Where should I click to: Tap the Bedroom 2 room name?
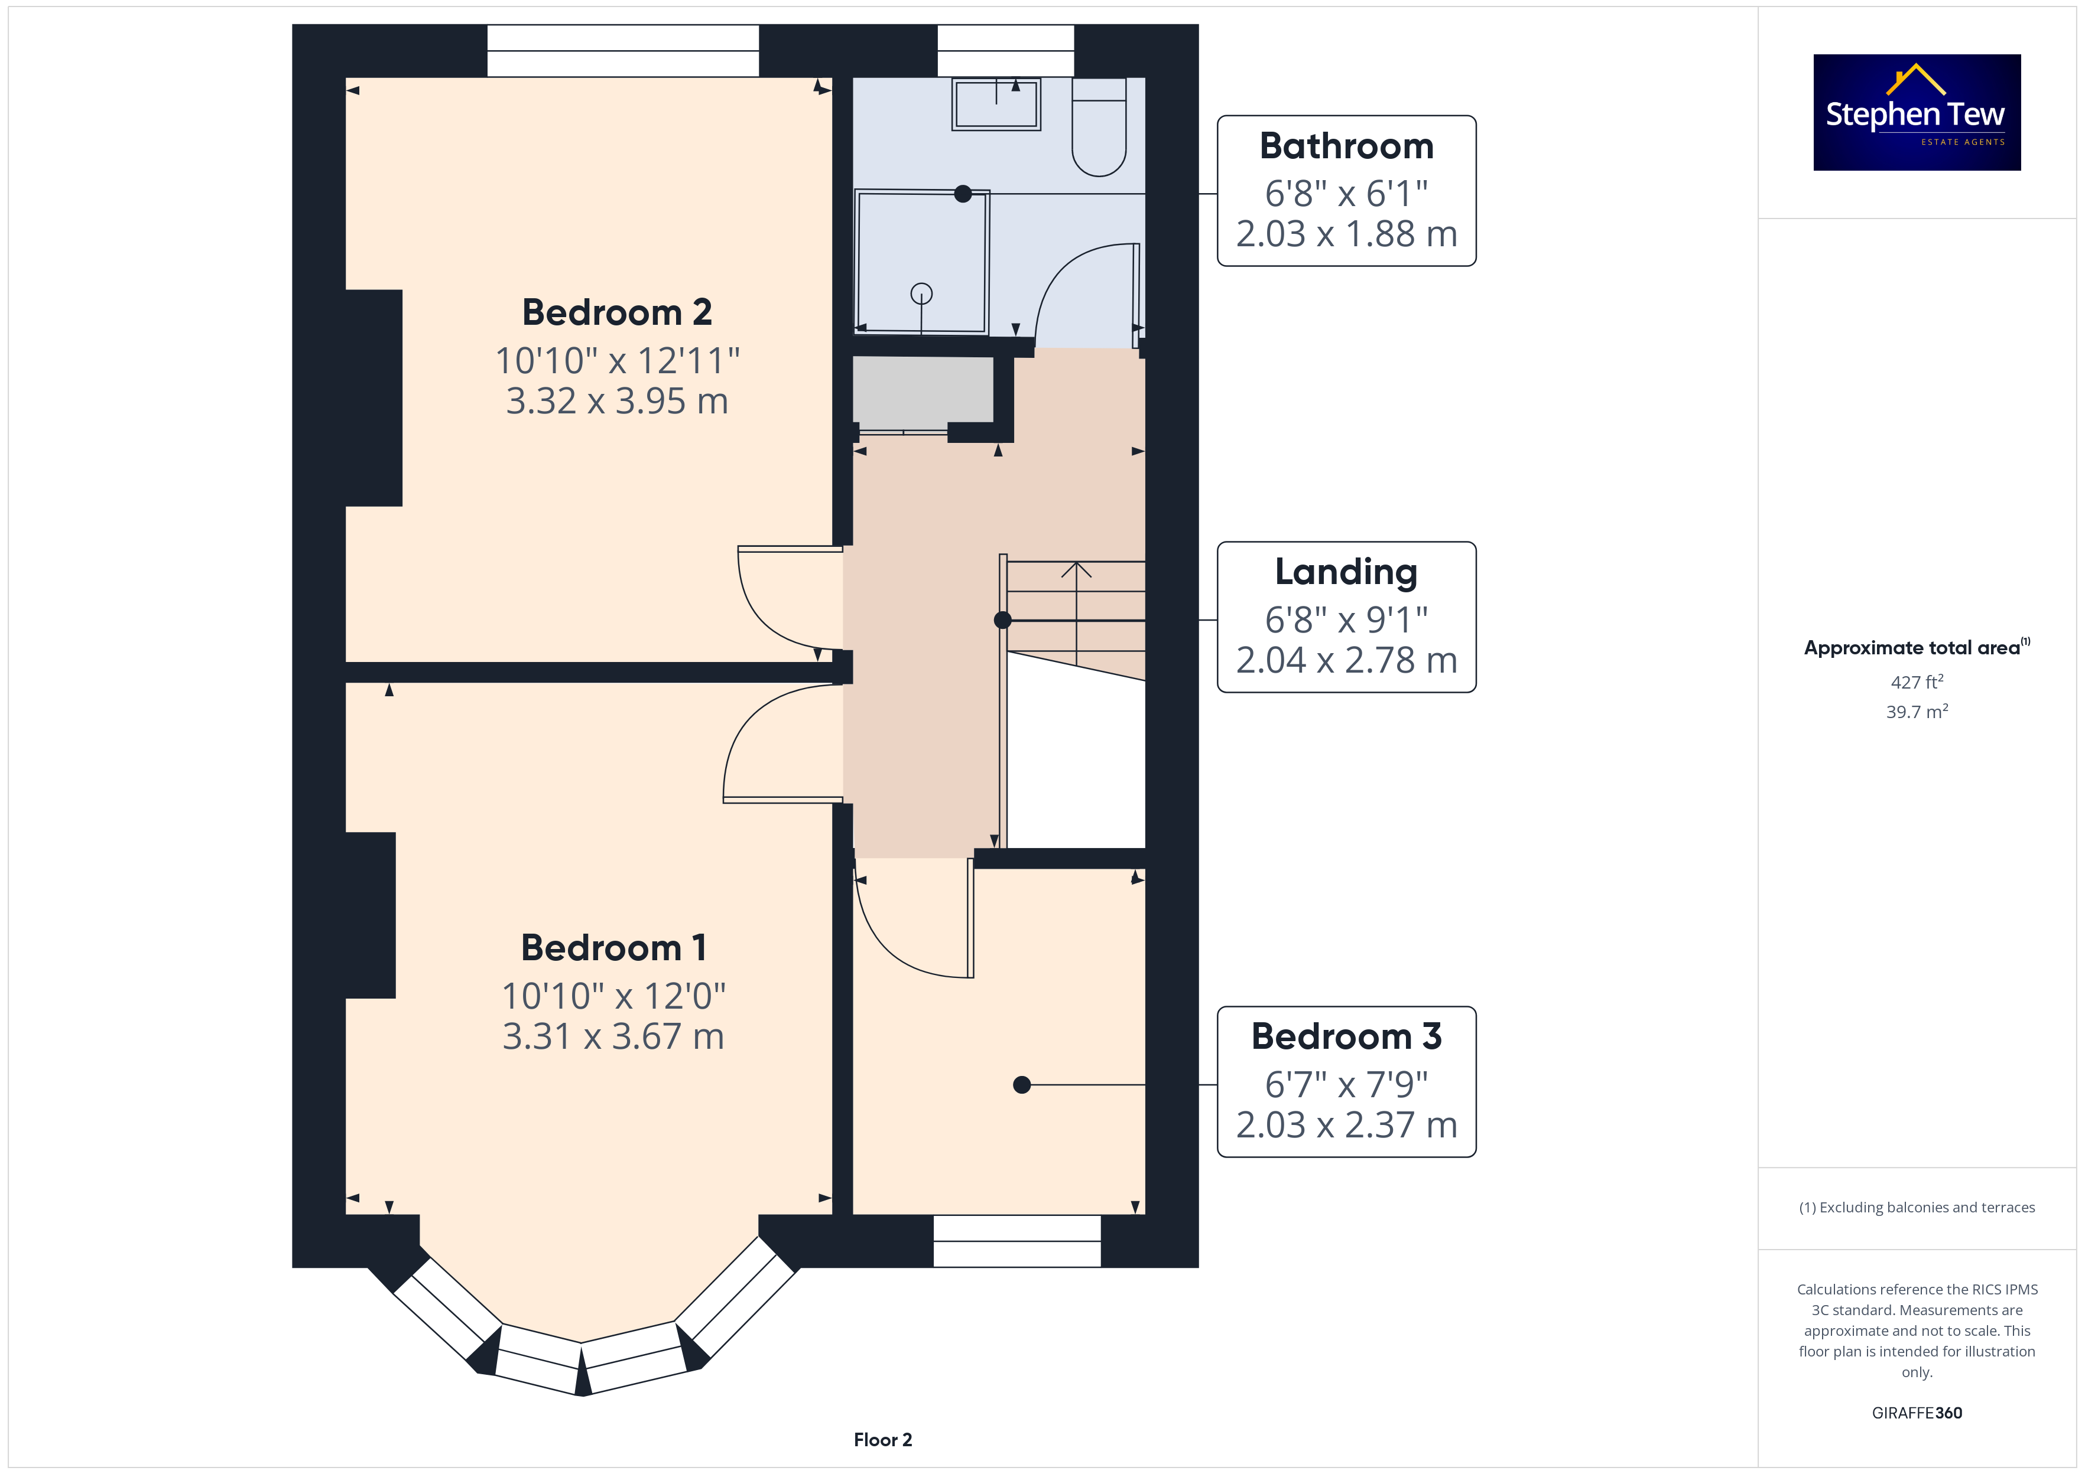pos(616,312)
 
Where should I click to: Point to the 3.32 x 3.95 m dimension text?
pos(616,400)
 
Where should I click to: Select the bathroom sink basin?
pos(996,103)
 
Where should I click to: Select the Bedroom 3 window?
pos(1017,1241)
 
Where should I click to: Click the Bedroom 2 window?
pos(623,51)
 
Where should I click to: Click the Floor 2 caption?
pos(883,1440)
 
